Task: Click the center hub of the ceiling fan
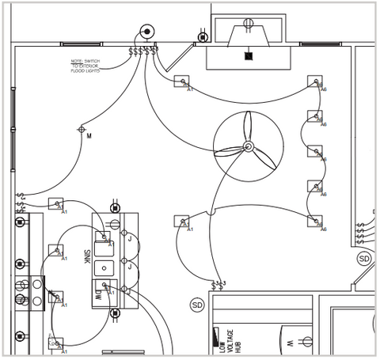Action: coord(248,146)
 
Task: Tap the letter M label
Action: coord(89,136)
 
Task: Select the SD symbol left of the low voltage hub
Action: coord(197,305)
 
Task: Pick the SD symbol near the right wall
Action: coord(364,259)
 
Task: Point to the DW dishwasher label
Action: coord(98,294)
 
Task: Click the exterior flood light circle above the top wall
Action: coord(146,32)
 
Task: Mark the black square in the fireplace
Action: coord(249,56)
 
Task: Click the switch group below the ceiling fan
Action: coord(218,282)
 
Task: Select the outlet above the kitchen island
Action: coord(115,207)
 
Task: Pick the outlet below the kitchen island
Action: coord(115,313)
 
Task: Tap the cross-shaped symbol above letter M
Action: coord(81,129)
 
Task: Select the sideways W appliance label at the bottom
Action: coord(290,343)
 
